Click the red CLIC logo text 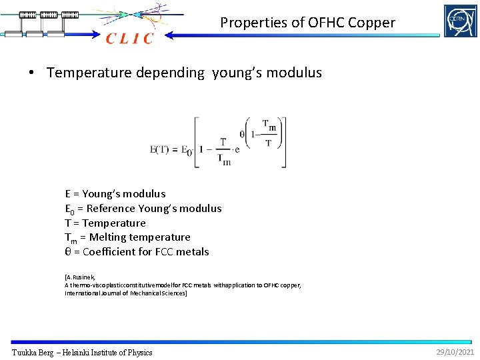coord(130,39)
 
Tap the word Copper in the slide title coord(369,23)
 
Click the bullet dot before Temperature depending coord(31,73)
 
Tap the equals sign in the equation coord(176,149)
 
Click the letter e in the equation coord(237,149)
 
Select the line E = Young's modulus coord(115,194)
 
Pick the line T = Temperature coord(105,223)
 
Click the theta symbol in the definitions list coord(68,252)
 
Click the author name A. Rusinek coord(81,277)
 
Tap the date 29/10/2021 coord(455,351)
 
